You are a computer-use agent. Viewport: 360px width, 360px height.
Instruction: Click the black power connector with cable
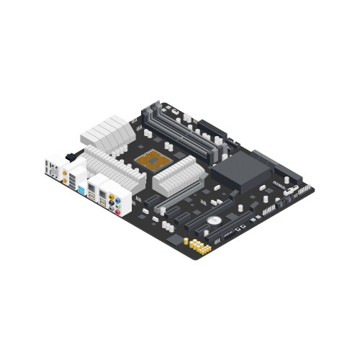[x=72, y=155]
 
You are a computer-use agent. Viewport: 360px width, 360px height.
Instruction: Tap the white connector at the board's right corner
[x=291, y=190]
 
